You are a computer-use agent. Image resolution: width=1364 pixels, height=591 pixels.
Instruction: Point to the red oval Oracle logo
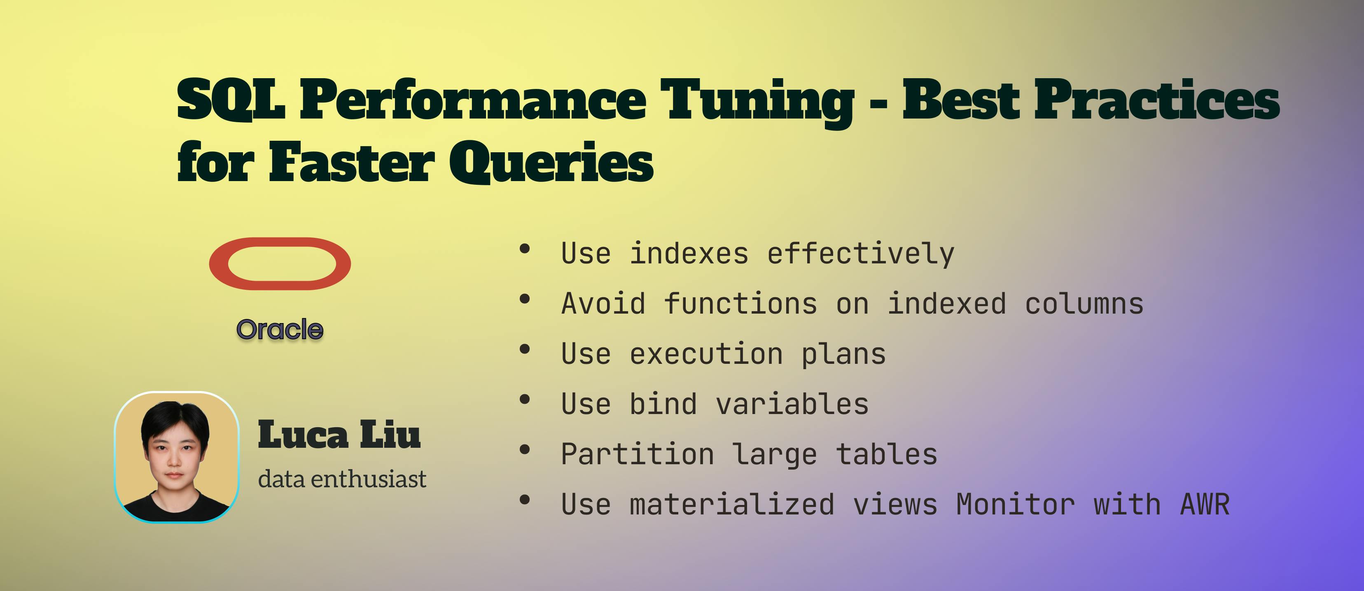pos(280,263)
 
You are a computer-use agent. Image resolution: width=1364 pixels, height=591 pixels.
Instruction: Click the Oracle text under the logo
pos(280,330)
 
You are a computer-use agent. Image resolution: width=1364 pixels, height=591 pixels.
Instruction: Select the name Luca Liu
pos(339,435)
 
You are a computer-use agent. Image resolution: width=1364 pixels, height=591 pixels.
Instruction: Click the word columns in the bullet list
pos(1084,304)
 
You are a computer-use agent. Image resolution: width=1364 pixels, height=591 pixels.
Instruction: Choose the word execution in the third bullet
pos(706,354)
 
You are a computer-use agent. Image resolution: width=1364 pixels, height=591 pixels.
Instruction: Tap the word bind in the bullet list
pos(663,404)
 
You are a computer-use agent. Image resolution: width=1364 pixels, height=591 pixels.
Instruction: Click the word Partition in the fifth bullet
pos(638,454)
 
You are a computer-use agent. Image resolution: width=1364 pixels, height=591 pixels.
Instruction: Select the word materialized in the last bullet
pos(732,504)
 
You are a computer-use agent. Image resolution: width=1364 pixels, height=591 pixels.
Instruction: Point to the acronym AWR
pos(1205,504)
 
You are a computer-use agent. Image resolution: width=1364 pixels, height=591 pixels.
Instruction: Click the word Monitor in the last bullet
pos(1015,504)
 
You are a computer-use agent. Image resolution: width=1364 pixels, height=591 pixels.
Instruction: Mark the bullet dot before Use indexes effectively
pos(525,249)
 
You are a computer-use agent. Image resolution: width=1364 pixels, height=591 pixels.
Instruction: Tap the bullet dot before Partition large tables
pos(525,450)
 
